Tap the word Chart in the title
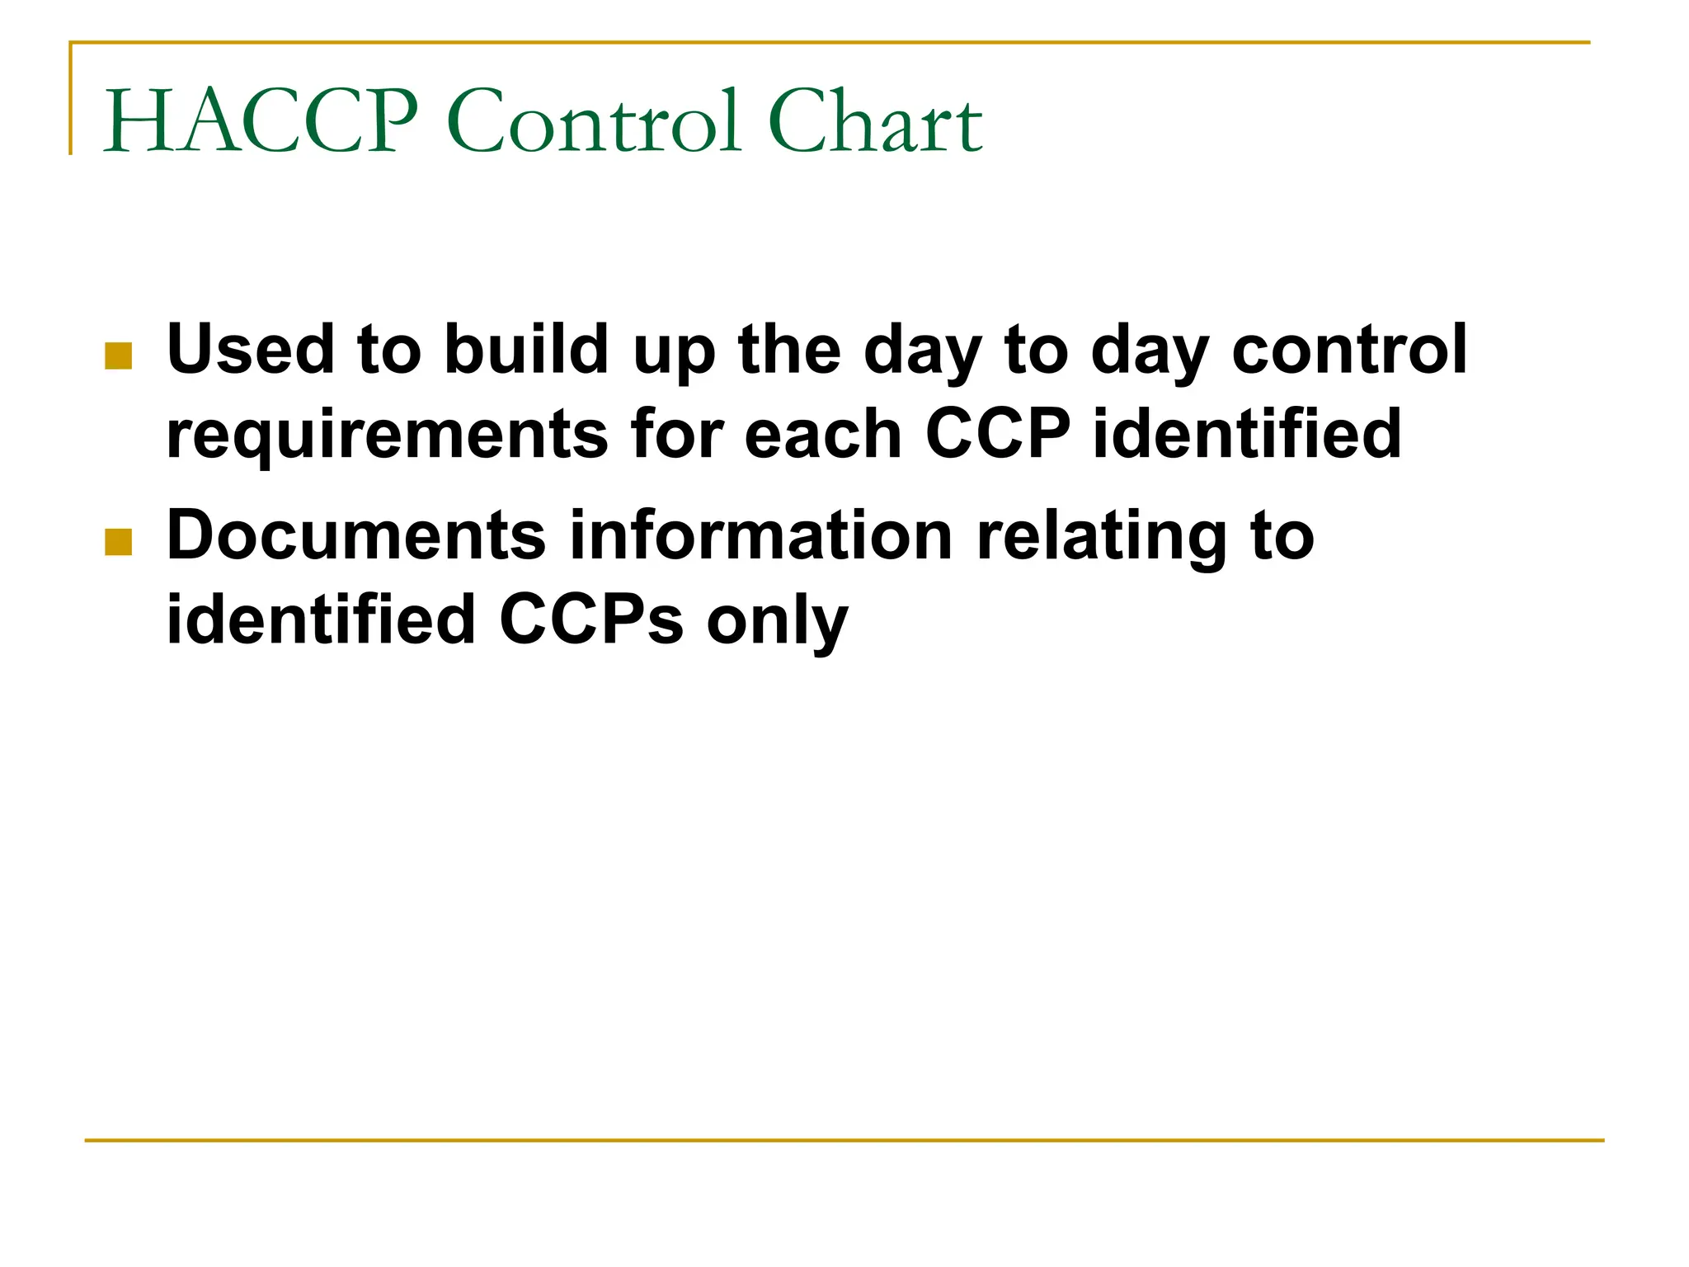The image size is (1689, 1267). (x=875, y=122)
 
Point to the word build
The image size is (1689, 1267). (x=527, y=349)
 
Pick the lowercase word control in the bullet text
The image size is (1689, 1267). (x=1349, y=349)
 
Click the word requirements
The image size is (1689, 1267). (x=387, y=435)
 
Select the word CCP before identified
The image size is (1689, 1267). (x=998, y=435)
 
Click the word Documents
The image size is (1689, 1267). (x=356, y=535)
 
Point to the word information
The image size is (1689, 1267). (x=760, y=535)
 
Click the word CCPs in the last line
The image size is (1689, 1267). (x=591, y=620)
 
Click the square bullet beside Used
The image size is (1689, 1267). (x=119, y=356)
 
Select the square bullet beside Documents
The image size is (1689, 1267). (x=119, y=542)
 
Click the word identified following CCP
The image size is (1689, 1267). (x=1247, y=435)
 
